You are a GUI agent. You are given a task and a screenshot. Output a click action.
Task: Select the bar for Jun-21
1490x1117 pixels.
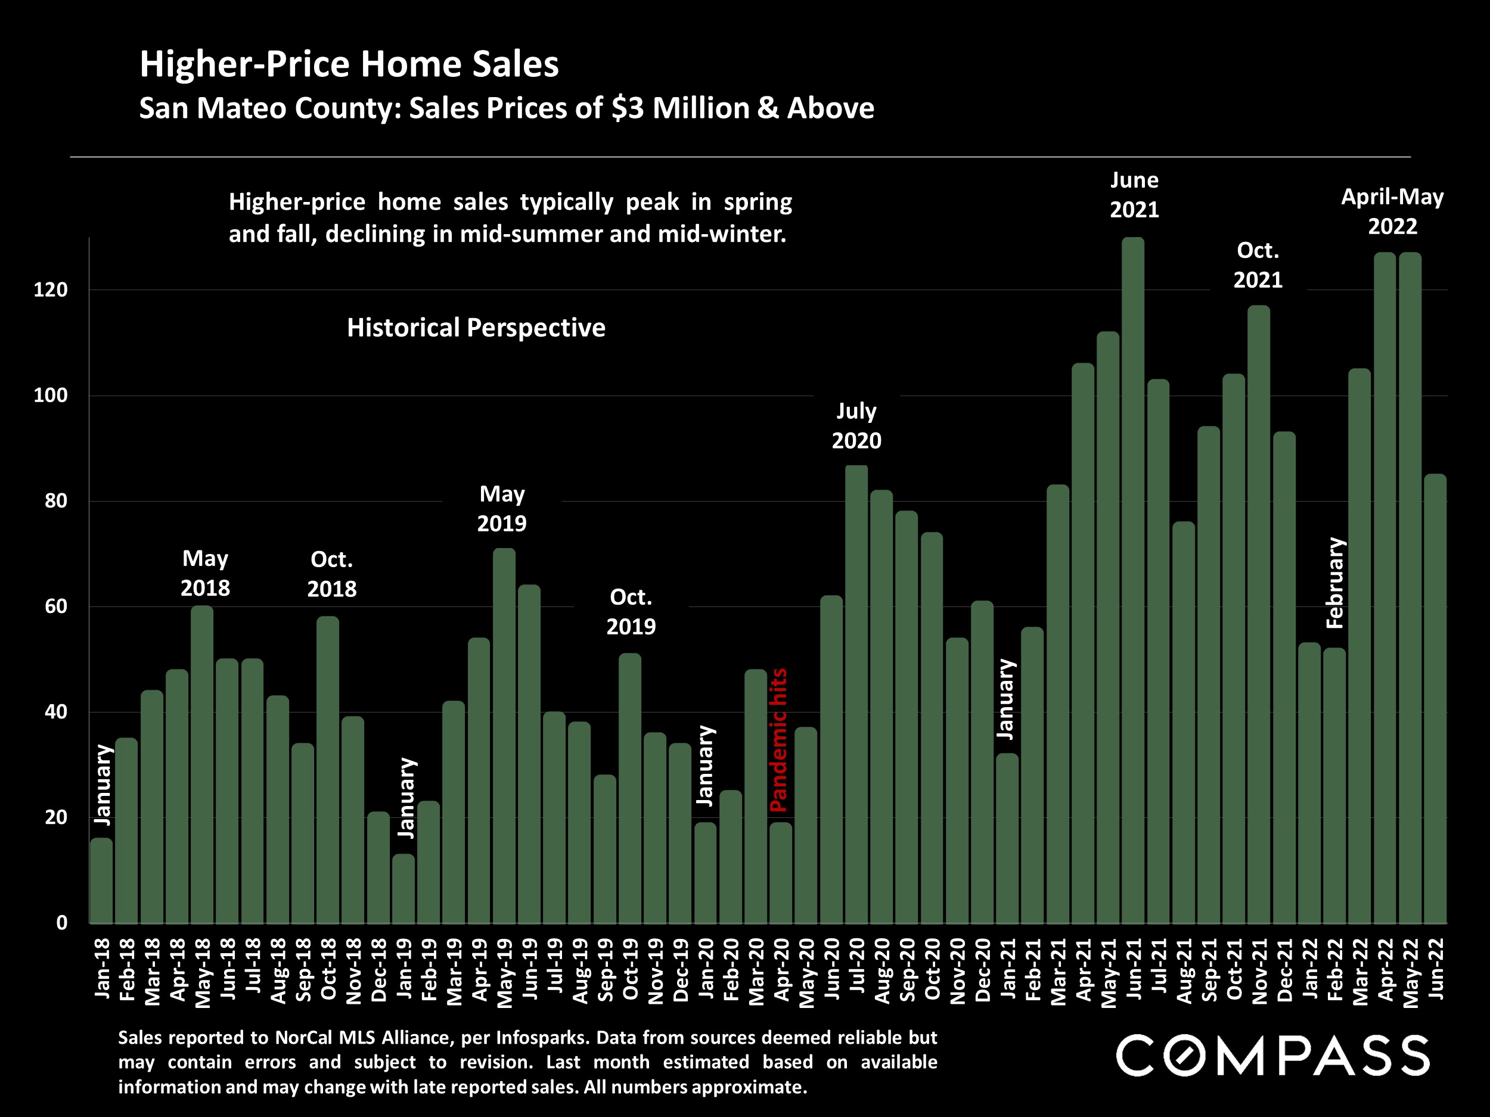pyautogui.click(x=1133, y=579)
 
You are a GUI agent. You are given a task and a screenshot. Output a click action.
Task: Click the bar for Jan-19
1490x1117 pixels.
pyautogui.click(x=403, y=888)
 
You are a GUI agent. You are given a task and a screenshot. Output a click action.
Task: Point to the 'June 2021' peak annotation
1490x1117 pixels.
pyautogui.click(x=1134, y=195)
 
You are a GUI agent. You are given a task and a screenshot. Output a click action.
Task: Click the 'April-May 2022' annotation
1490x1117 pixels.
pyautogui.click(x=1392, y=211)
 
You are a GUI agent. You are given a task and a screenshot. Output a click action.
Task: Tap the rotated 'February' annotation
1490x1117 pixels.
pyautogui.click(x=1334, y=583)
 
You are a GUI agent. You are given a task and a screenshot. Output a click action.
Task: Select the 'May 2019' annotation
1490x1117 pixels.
pyautogui.click(x=502, y=508)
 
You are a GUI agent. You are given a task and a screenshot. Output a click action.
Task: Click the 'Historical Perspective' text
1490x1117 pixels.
pyautogui.click(x=476, y=328)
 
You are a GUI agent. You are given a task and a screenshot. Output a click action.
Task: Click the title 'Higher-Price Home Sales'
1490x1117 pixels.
pyautogui.click(x=349, y=64)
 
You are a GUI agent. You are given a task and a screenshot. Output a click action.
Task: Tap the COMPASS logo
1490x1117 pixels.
pyautogui.click(x=1272, y=1055)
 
